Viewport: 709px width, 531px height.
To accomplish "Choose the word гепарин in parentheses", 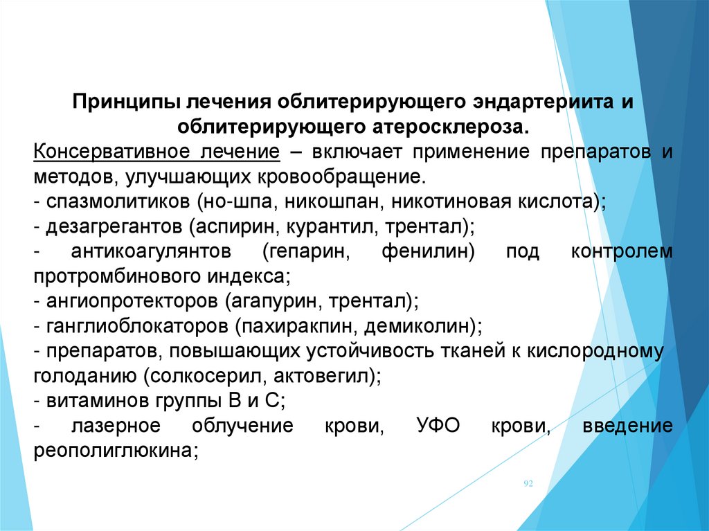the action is tap(305, 252).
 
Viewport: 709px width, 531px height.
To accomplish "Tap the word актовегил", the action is tap(322, 375).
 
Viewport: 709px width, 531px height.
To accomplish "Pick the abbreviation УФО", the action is tap(438, 426).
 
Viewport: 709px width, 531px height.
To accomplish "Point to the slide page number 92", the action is tap(528, 483).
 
